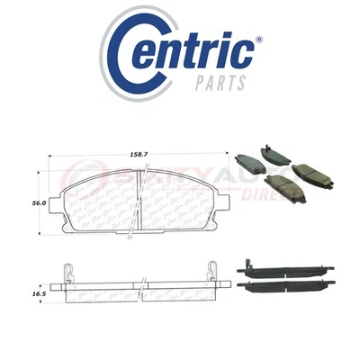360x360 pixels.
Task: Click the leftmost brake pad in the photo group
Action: click(x=248, y=163)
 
